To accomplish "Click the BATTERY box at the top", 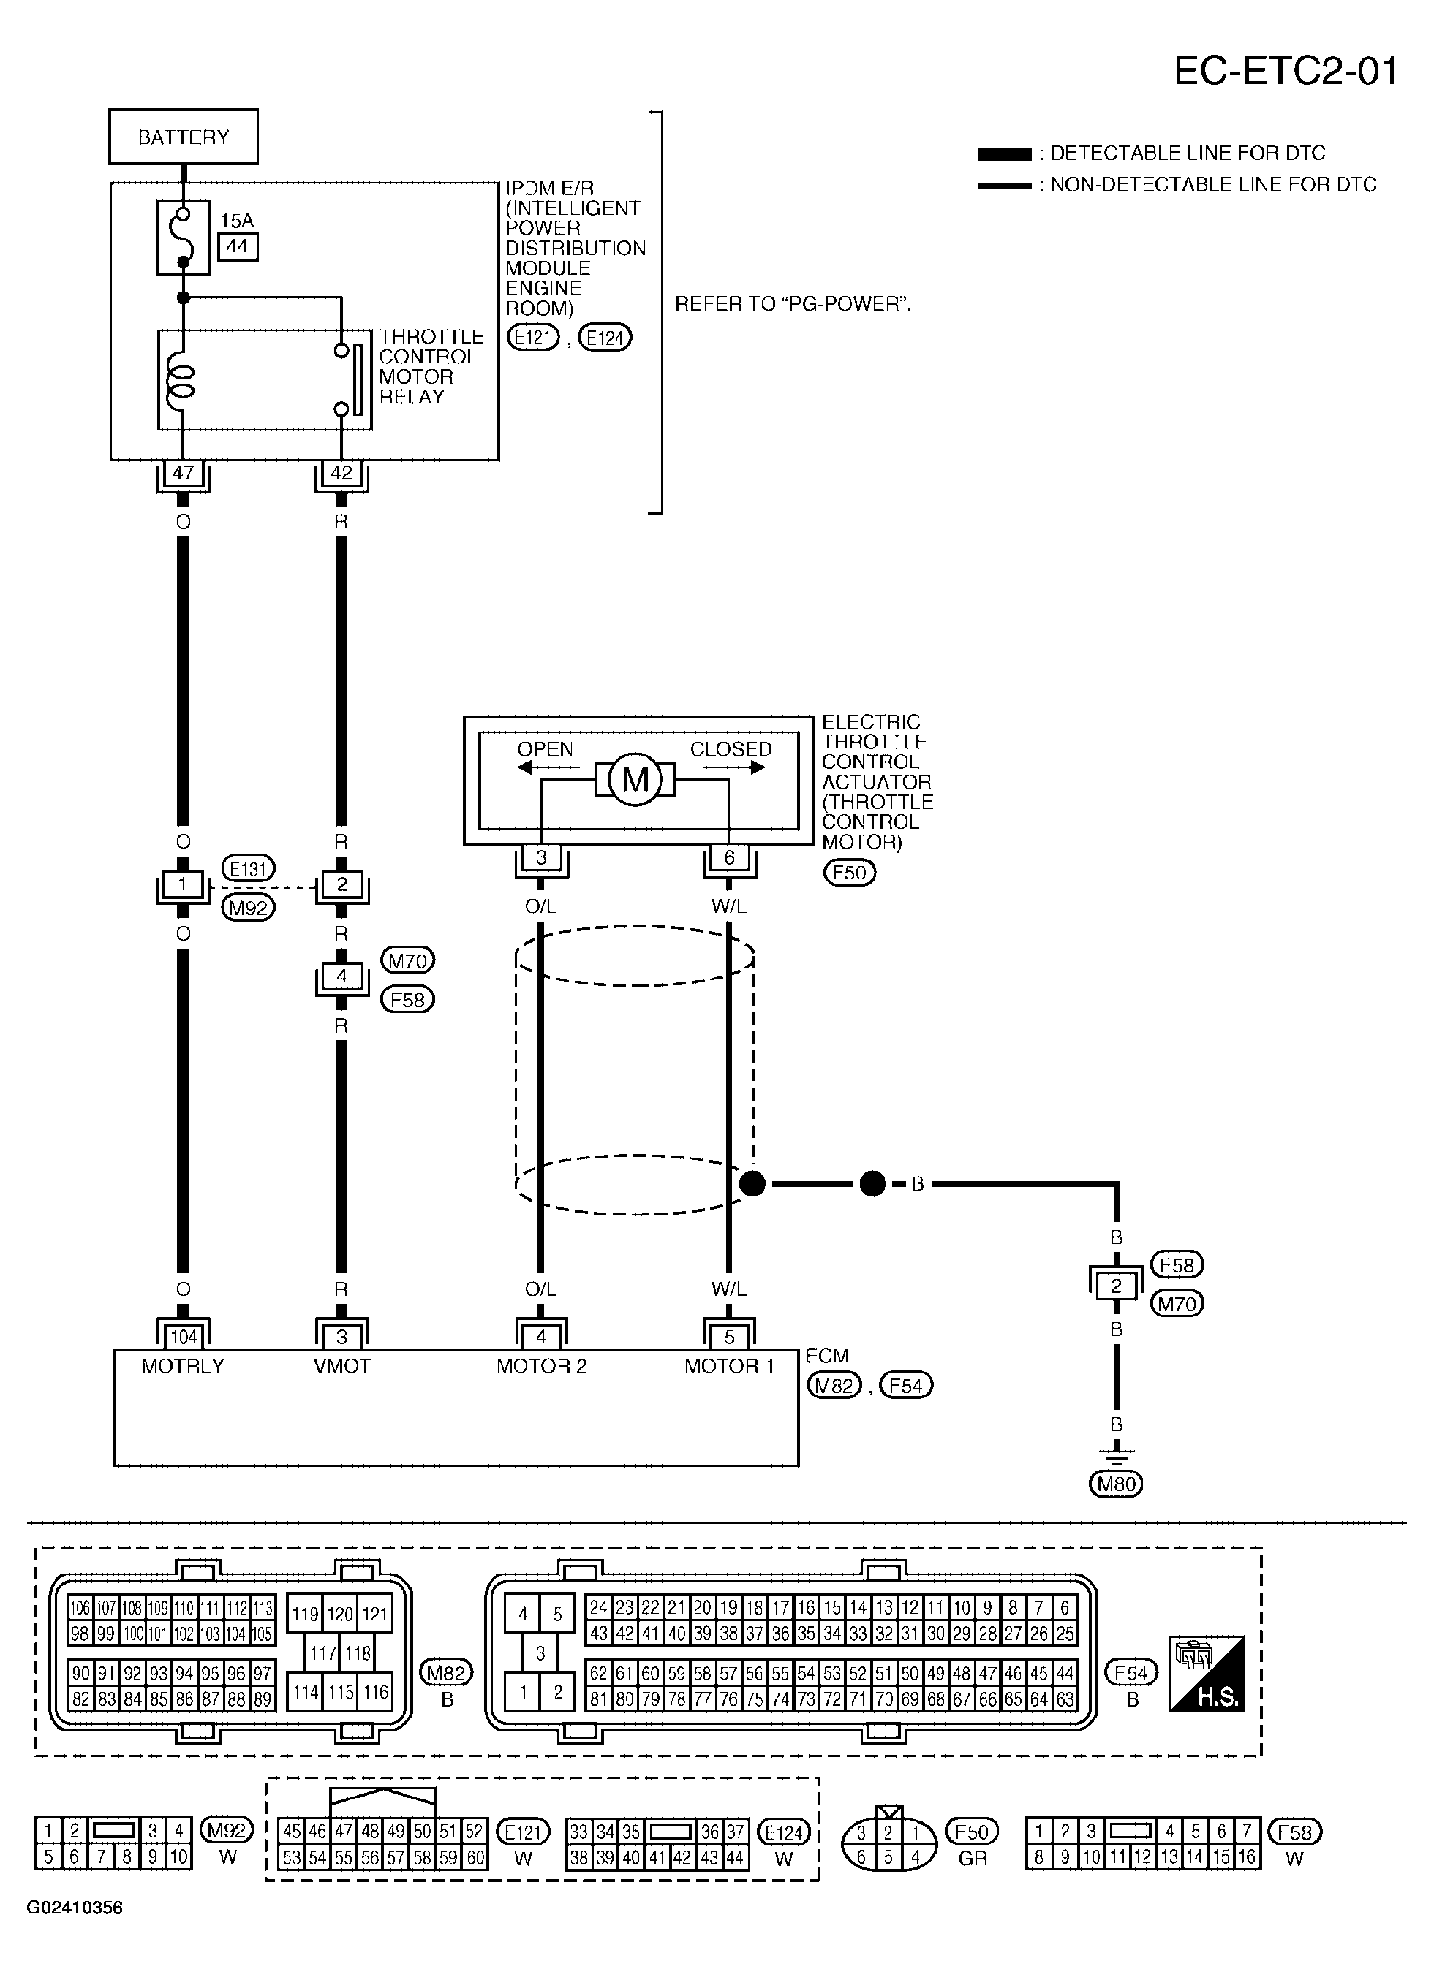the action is point(184,136).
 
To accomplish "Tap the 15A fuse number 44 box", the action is point(237,246).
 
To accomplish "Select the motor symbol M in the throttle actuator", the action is point(635,780).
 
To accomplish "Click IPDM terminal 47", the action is point(184,473).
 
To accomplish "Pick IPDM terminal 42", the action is point(341,473).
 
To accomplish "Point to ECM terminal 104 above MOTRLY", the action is point(184,1337).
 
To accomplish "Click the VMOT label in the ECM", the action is point(341,1365).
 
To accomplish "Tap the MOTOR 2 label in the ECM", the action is point(541,1365).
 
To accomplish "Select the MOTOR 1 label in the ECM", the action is point(729,1365).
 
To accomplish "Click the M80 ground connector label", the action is point(1116,1484).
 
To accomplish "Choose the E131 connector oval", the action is point(249,868).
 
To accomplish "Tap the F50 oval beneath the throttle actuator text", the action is point(850,873).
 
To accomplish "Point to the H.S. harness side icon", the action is point(1207,1674).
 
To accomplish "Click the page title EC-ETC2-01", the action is point(1286,71).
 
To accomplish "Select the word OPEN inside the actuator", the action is point(545,749).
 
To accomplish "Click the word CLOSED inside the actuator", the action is point(731,749).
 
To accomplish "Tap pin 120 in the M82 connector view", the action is point(339,1614).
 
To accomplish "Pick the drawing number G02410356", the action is point(75,1908).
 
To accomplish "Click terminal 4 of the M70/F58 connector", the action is point(341,976).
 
